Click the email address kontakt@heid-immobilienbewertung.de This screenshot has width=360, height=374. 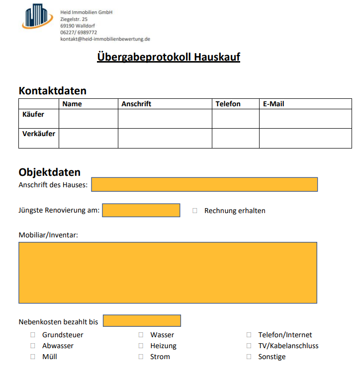(x=105, y=39)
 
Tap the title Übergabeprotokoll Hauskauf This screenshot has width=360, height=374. (x=169, y=57)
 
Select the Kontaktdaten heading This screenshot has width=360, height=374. (x=52, y=91)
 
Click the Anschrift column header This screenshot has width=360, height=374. (x=136, y=104)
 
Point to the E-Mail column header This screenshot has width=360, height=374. (x=273, y=104)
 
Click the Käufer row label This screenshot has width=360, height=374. (x=33, y=114)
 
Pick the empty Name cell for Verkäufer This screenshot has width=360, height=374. (x=88, y=138)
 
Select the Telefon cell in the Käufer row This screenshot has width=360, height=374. (x=235, y=119)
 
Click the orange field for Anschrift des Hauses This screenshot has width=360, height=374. (x=204, y=184)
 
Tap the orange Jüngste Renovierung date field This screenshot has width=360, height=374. (x=141, y=210)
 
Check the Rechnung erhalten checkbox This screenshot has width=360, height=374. (x=195, y=211)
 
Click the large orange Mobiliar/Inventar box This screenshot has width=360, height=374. (x=168, y=272)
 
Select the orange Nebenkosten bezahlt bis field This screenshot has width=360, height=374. (x=142, y=321)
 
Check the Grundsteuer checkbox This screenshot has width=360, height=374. (x=33, y=335)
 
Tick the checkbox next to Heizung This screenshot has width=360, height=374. (x=141, y=346)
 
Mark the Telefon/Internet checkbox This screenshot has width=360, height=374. (x=249, y=335)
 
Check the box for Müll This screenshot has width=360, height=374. (x=33, y=357)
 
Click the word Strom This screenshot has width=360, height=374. (x=160, y=357)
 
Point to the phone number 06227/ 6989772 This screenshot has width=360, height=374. (x=79, y=32)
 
